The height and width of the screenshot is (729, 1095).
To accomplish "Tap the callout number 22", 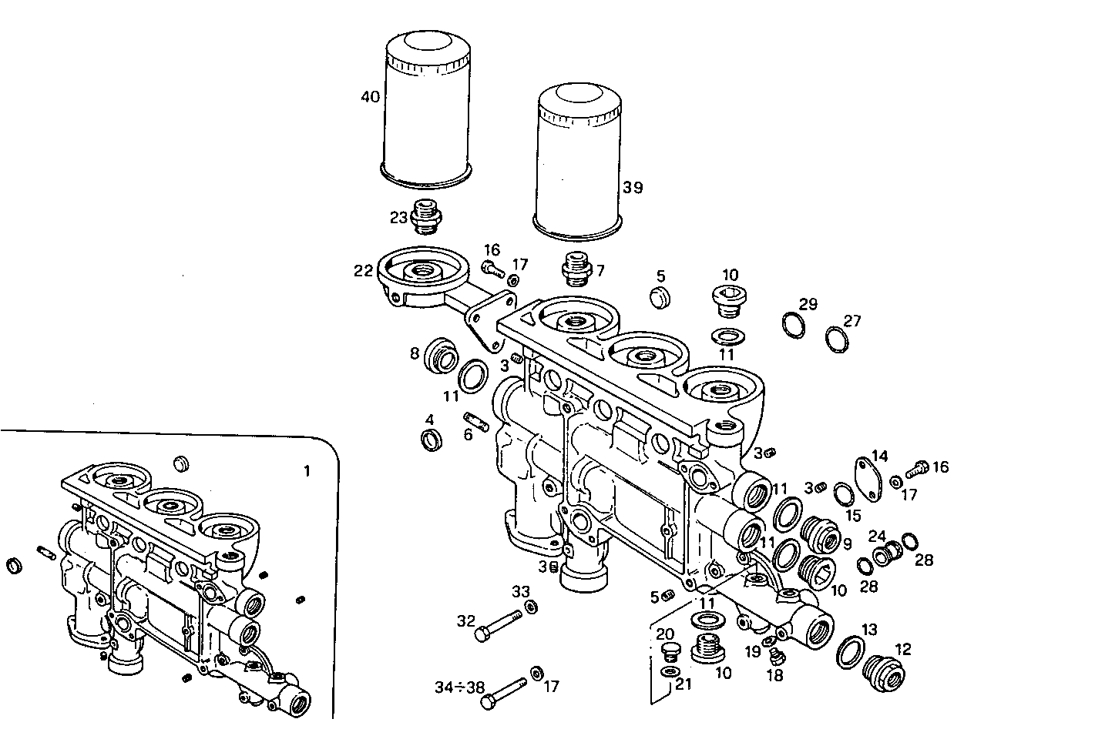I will pos(363,271).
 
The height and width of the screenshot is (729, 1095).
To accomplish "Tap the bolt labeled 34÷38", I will pos(504,691).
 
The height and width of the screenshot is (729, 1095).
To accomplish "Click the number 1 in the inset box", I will pos(307,472).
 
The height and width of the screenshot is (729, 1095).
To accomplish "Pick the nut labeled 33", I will pos(530,607).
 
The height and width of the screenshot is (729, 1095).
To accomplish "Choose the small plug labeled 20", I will pos(670,653).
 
